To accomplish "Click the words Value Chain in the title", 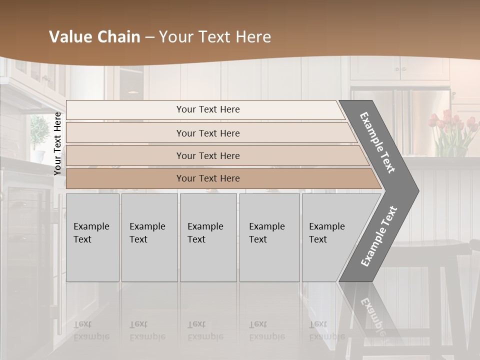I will coord(94,37).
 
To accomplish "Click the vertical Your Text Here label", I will coord(57,143).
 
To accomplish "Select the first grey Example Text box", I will coord(92,237).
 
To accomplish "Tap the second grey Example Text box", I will coord(149,237).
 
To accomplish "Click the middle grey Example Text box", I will coord(208,237).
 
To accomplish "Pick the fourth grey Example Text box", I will coord(269,237).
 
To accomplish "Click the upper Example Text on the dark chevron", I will coord(377,142).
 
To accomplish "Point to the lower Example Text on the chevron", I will coord(378,236).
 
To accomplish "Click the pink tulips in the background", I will coord(450,125).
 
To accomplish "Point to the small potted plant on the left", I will coord(39,132).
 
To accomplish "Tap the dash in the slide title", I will coord(149,37).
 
